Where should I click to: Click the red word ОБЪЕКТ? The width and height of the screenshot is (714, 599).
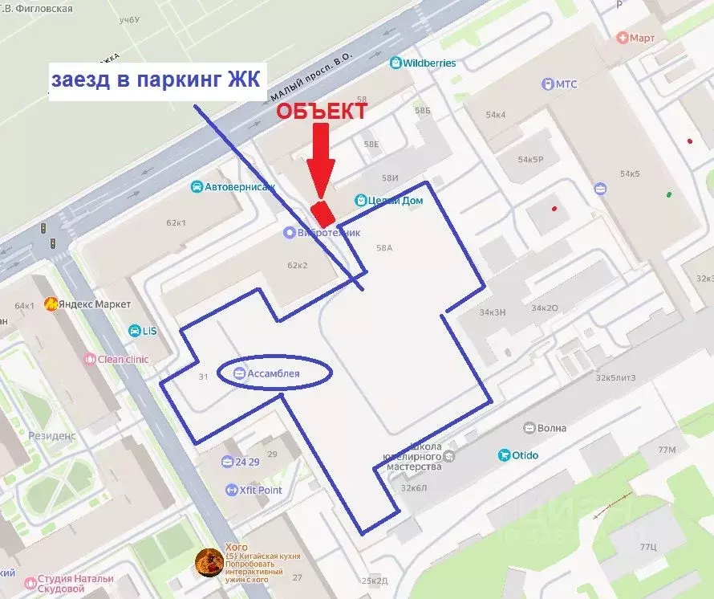323,112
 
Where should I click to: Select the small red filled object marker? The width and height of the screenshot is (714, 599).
323,213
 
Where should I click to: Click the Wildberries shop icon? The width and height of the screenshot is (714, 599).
396,63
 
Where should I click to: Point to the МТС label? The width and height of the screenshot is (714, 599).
566,84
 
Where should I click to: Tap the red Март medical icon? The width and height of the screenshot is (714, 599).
622,37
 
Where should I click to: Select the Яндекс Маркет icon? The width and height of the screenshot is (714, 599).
51,304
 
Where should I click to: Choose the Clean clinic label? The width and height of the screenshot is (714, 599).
123,359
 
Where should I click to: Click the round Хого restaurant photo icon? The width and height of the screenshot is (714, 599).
209,562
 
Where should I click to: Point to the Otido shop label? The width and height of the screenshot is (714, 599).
526,455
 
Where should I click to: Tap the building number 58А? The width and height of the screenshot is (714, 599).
384,248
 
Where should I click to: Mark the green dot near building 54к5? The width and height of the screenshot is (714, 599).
667,194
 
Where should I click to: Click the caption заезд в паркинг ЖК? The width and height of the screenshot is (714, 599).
157,80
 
